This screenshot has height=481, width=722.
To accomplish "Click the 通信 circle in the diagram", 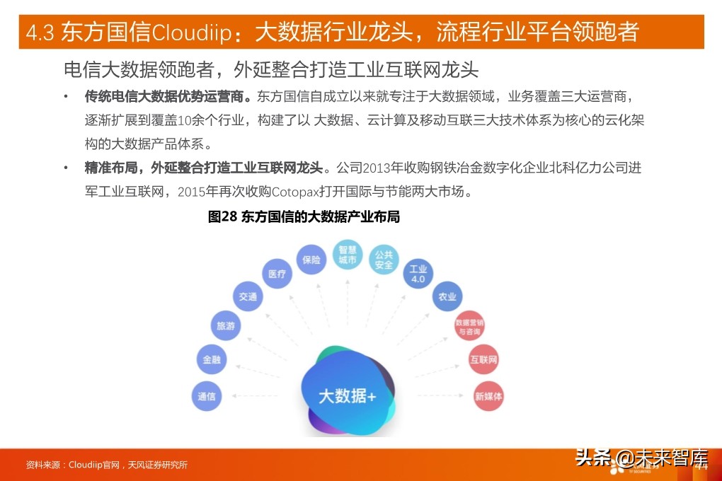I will point(207,396).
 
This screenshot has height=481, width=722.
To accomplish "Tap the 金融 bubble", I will point(212,359).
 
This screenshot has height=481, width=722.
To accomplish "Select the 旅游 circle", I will point(225,326).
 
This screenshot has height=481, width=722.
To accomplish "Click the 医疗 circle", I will point(277,274).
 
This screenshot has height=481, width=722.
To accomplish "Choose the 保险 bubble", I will point(311,259).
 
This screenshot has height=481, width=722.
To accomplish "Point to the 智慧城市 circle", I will point(347,255).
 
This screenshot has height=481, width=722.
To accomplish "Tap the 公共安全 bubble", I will point(384,260).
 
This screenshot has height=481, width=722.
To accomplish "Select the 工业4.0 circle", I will point(418,274).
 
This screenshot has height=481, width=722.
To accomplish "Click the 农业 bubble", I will point(447,297).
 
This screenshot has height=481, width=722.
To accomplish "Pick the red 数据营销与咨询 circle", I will point(469,327).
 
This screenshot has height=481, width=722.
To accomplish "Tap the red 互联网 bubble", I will point(483,360).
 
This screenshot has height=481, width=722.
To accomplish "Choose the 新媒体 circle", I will point(488,397).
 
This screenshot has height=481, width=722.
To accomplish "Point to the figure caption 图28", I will point(222,217).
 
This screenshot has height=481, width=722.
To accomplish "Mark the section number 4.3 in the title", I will point(40,33).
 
